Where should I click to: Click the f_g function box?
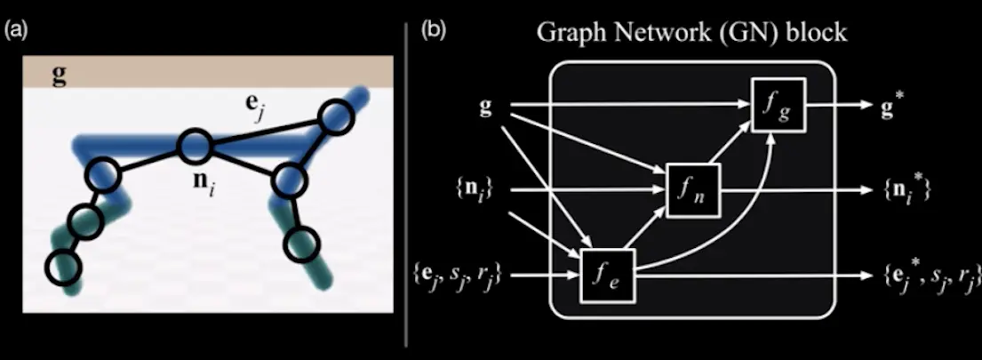click(773, 106)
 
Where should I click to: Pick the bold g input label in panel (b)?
click(486, 108)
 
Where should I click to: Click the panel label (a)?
click(15, 31)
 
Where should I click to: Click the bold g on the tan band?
click(59, 74)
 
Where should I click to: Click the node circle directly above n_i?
click(195, 146)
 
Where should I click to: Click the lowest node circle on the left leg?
click(63, 267)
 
